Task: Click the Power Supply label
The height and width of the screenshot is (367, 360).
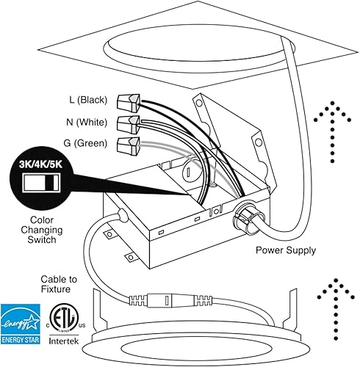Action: click(286, 250)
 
